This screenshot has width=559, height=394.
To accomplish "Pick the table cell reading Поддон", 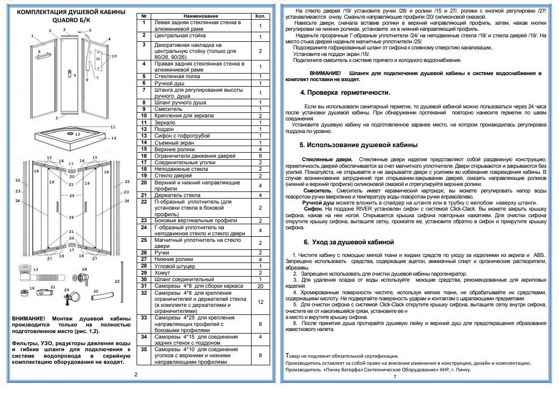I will coord(164,129).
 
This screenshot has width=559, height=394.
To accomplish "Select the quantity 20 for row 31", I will coord(260,286).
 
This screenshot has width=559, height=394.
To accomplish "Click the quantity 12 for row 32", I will coord(260,302).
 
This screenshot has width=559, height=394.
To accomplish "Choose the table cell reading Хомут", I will coord(163,273).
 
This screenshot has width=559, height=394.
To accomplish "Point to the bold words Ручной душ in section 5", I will coord(320,202).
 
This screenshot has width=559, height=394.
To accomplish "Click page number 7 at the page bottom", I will coord(395,376).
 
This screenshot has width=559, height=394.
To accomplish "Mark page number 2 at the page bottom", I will coord(135,374).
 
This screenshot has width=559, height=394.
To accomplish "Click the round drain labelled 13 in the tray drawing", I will coord(71,135).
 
